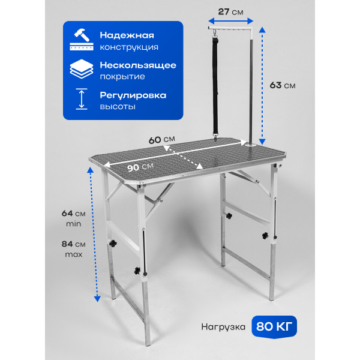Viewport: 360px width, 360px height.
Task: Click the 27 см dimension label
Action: [x=230, y=12]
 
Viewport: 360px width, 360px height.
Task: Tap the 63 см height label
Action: [x=283, y=85]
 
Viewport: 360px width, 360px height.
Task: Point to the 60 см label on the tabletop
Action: [x=161, y=140]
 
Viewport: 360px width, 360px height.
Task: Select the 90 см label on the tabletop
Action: [x=140, y=167]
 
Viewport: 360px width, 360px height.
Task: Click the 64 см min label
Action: [x=73, y=218]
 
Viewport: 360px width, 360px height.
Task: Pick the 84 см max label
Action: [x=73, y=249]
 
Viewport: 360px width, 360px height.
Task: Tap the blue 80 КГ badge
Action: [x=274, y=326]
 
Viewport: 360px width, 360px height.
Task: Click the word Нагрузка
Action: [x=223, y=327]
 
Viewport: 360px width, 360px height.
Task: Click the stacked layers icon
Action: [x=82, y=69]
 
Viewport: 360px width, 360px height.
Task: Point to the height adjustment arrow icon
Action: [x=82, y=99]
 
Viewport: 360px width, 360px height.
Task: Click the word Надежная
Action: [x=127, y=35]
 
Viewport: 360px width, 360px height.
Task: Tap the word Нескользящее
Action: [x=138, y=65]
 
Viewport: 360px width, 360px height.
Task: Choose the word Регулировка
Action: [x=133, y=95]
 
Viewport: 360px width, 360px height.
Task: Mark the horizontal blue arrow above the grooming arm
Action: [x=230, y=22]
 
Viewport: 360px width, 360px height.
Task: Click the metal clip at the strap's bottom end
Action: [x=215, y=137]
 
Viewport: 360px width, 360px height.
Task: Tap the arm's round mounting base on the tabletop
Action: [x=251, y=145]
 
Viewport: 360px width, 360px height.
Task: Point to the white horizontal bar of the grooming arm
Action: [x=230, y=28]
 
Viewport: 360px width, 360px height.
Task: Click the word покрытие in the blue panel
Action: [x=122, y=77]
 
